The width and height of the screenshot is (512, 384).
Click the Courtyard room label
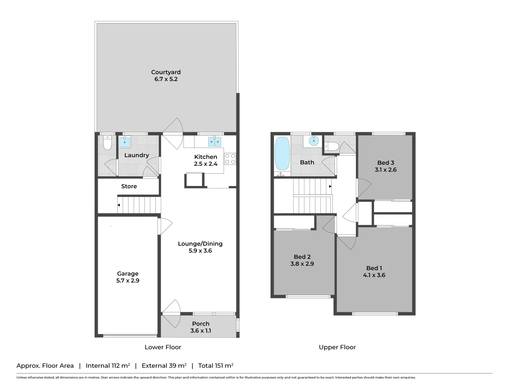pyautogui.click(x=166, y=72)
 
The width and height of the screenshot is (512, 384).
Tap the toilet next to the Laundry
pyautogui.click(x=107, y=143)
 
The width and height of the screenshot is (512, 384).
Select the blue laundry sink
pyautogui.click(x=124, y=142)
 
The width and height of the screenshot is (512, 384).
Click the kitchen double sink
pyautogui.click(x=215, y=142)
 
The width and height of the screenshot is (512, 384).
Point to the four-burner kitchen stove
pyautogui.click(x=230, y=159)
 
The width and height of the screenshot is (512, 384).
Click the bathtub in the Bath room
pyautogui.click(x=282, y=154)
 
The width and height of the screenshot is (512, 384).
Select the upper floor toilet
pyautogui.click(x=331, y=145)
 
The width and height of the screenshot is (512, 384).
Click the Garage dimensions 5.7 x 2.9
pyautogui.click(x=128, y=281)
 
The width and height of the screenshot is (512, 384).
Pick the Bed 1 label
pyautogui.click(x=374, y=268)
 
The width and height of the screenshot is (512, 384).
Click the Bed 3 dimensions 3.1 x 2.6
pyautogui.click(x=385, y=170)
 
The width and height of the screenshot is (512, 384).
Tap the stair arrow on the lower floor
pyautogui.click(x=119, y=205)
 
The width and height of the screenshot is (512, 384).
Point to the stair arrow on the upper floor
pyautogui.click(x=330, y=186)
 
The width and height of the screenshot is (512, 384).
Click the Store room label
pyautogui.click(x=129, y=186)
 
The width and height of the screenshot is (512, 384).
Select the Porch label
pyautogui.click(x=201, y=324)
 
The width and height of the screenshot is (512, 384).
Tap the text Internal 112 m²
pyautogui.click(x=108, y=366)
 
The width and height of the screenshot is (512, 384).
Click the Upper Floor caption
pyautogui.click(x=337, y=347)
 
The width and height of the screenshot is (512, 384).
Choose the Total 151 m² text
pyautogui.click(x=215, y=366)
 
